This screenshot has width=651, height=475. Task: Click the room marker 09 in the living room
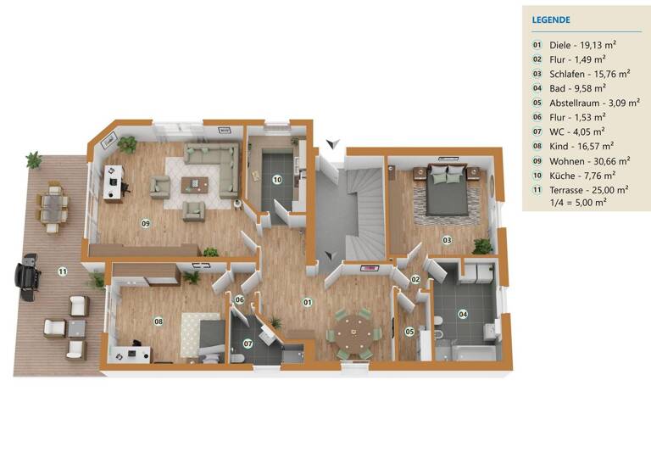[146, 223]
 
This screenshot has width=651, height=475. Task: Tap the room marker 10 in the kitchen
[276, 179]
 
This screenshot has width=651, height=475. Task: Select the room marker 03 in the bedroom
[447, 240]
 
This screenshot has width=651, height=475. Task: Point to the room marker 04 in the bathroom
[463, 314]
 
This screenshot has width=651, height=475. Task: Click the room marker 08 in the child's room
[158, 321]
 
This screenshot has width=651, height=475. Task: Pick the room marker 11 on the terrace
[62, 271]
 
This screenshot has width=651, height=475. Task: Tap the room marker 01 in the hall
[309, 301]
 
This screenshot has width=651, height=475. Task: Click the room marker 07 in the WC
[248, 344]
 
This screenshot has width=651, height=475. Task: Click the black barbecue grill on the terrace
[28, 277]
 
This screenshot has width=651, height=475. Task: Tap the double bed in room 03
[445, 190]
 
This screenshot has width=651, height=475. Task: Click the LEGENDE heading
[551, 20]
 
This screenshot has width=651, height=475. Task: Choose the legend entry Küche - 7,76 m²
[576, 175]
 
